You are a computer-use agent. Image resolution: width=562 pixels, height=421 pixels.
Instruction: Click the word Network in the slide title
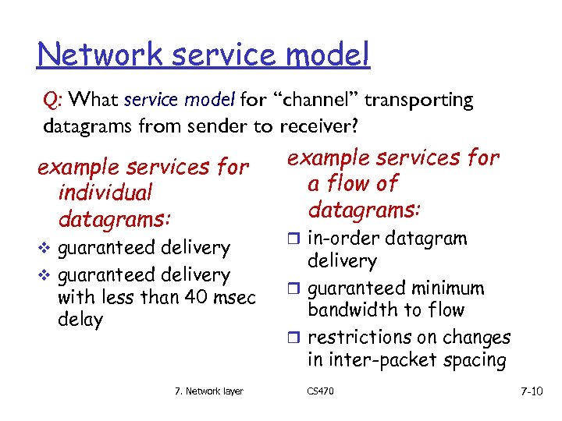click(x=88, y=55)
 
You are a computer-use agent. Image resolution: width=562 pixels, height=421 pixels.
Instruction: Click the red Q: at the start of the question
click(x=55, y=101)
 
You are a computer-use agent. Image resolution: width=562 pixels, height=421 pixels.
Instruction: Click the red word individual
click(x=105, y=193)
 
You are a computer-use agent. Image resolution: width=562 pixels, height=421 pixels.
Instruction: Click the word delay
click(x=80, y=320)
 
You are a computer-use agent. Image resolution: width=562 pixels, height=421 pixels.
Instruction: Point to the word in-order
click(x=341, y=239)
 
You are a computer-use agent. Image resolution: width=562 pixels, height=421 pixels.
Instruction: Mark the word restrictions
click(x=364, y=338)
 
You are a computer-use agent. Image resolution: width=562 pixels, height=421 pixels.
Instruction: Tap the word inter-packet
click(x=386, y=360)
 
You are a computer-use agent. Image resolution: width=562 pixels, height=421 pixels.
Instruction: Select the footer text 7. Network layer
click(x=208, y=391)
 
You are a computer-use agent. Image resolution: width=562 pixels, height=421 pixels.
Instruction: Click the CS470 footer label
click(x=321, y=391)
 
